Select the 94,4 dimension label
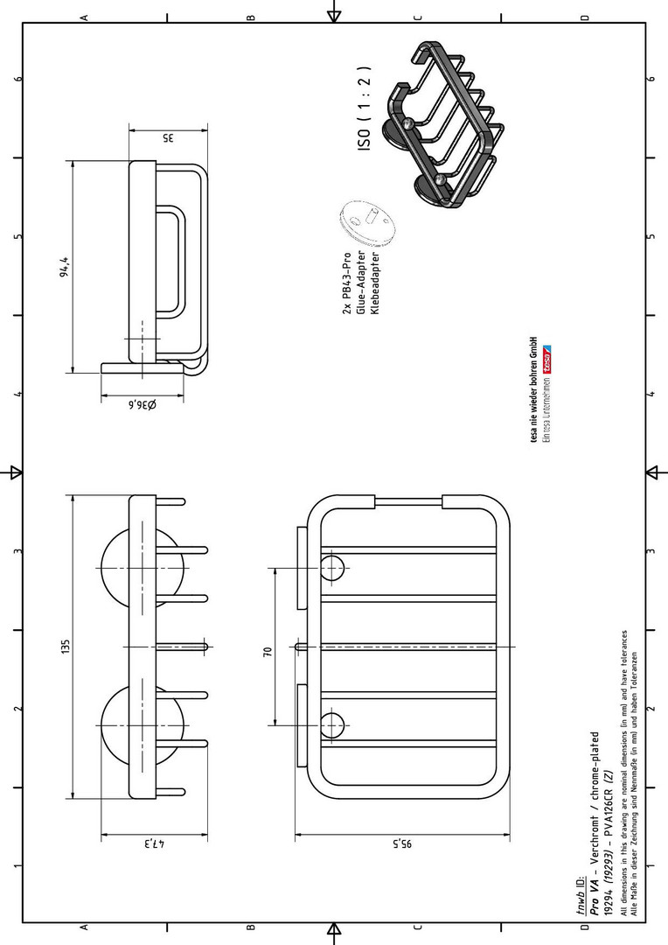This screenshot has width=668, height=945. tap(65, 267)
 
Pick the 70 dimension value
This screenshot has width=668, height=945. tap(268, 652)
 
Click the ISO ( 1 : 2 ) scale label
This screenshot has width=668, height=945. tap(365, 108)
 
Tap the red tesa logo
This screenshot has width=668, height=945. tap(547, 360)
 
